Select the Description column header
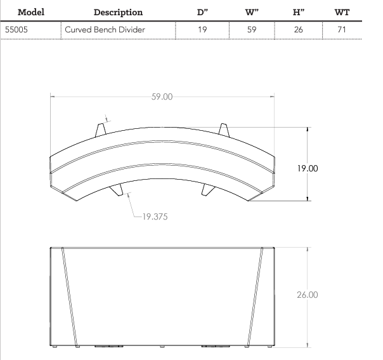click(118, 12)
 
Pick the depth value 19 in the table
click(202, 29)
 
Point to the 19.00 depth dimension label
click(308, 169)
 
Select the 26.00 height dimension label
click(308, 295)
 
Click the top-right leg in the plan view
click(223, 128)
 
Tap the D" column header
click(202, 12)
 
